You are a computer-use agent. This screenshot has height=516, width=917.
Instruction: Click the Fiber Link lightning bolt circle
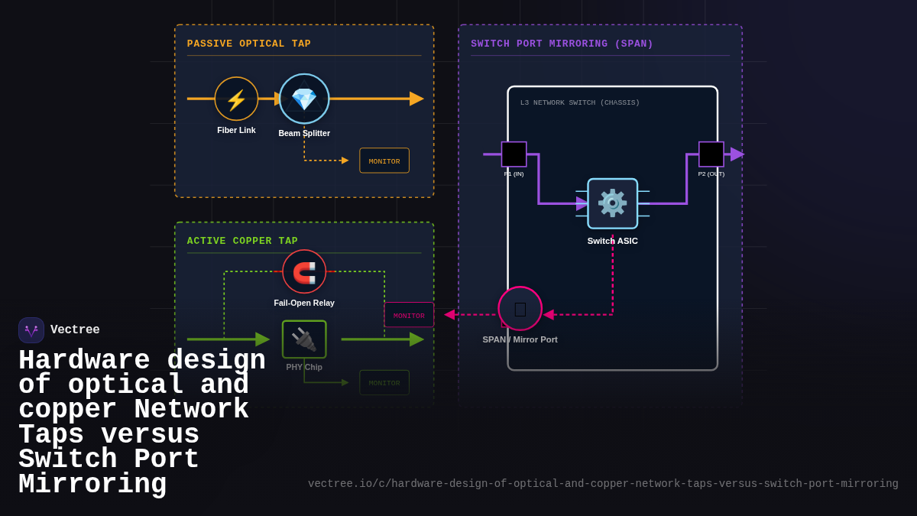pos(236,99)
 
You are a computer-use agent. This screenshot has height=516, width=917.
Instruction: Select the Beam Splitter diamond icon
pos(304,99)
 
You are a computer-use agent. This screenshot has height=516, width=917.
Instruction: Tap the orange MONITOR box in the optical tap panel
pos(384,161)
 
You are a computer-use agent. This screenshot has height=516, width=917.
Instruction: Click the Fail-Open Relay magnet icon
pos(304,271)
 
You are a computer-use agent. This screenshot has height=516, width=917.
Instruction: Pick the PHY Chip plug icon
pos(304,339)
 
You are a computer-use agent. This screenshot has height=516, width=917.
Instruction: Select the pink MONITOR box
pos(409,315)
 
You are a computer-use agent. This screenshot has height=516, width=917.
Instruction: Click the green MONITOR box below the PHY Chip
pos(384,382)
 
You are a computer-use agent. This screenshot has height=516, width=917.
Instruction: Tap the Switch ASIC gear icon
pos(612,203)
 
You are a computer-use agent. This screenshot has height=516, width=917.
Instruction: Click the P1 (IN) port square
pos(514,154)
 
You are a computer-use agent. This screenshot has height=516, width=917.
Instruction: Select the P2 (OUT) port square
pos(711,154)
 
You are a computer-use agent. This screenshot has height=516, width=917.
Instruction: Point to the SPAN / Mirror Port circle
pos(520,309)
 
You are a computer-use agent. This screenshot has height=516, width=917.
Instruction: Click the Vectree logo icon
pos(31,330)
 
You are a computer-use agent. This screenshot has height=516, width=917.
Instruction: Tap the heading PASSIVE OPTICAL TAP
pos(249,44)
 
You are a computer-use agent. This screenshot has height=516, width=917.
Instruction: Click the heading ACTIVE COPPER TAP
pos(242,241)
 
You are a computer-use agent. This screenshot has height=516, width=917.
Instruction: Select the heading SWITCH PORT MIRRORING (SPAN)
pos(562,44)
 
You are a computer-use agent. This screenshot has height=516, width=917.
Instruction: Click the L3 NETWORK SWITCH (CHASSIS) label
pos(580,102)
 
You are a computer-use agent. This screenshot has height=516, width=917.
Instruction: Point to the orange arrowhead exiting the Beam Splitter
pos(416,99)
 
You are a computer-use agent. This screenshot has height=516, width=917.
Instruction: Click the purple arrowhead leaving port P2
pos(737,154)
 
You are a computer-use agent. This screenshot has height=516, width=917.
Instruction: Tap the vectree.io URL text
pos(603,484)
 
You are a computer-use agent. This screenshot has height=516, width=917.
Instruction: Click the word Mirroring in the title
pos(92,485)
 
